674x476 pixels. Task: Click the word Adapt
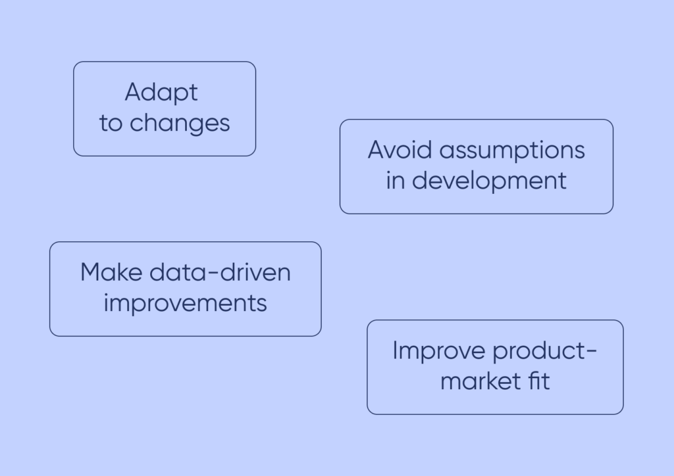click(161, 93)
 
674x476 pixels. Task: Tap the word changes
click(179, 123)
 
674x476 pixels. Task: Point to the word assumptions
click(512, 151)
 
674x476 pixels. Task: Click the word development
click(489, 181)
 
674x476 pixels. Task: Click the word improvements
click(186, 304)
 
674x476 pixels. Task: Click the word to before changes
click(111, 123)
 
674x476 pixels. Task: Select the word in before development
click(395, 181)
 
